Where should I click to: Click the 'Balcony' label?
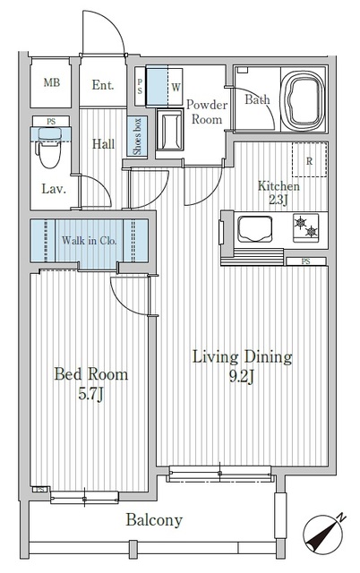point(153,520)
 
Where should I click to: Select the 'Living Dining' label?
point(243,358)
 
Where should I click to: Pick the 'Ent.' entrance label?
point(103,86)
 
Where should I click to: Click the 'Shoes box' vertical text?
point(138,137)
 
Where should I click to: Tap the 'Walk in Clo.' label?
point(90,241)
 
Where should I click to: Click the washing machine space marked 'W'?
point(176,87)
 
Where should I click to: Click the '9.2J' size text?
point(243,377)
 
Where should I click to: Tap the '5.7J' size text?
point(89,393)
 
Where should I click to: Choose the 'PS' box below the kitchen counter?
point(306,261)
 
